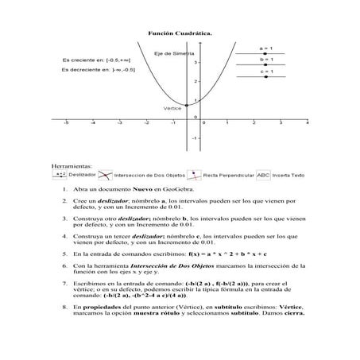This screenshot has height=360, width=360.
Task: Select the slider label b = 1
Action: tap(265, 60)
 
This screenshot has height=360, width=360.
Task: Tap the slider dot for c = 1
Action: tap(265, 77)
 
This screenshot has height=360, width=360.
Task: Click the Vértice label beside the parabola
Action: tap(171, 107)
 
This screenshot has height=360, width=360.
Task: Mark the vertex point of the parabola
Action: tap(186, 105)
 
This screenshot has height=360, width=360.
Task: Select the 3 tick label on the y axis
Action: tap(195, 61)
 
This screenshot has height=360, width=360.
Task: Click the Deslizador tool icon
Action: tap(60, 174)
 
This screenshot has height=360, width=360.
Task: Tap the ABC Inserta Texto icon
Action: tap(263, 173)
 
